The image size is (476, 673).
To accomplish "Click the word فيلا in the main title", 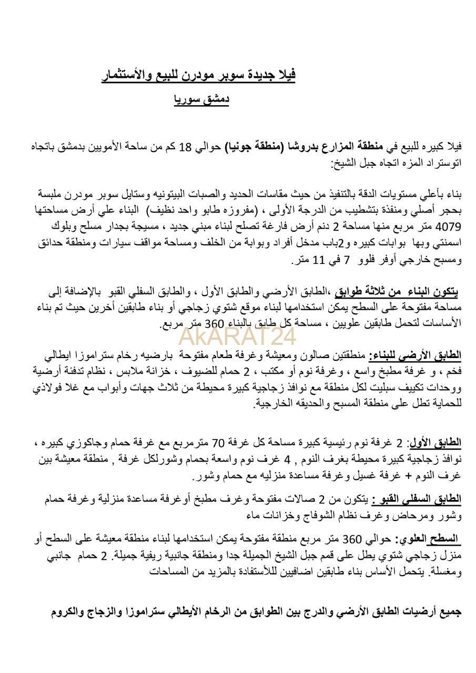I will coord(286,75).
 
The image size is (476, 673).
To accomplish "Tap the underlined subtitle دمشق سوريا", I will coord(201,99).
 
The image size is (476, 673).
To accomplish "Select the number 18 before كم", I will coord(186,146).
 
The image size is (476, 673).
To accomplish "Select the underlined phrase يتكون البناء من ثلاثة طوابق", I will coord(396,292).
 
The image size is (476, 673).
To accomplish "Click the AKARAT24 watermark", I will coord(238,335).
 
